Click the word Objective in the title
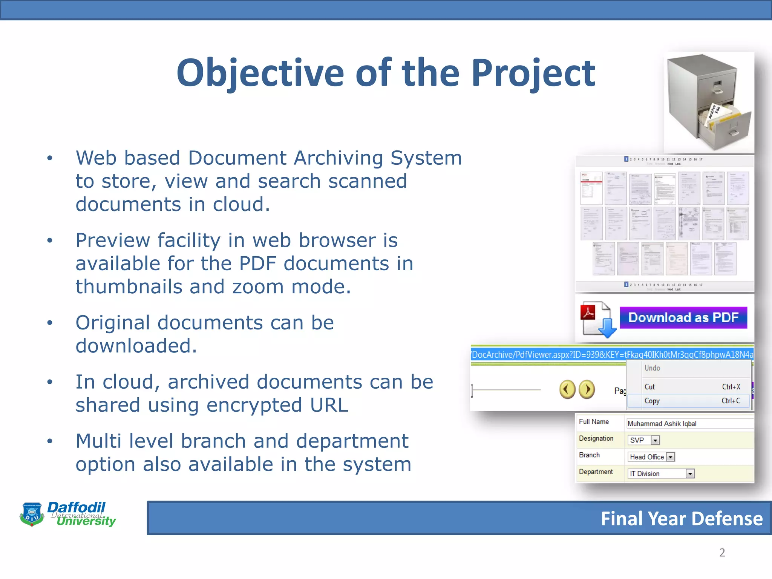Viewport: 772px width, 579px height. [260, 74]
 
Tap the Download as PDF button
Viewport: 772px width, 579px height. [683, 317]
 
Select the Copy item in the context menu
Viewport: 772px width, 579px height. [652, 401]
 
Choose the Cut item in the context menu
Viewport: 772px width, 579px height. [649, 387]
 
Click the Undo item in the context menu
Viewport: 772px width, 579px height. [652, 368]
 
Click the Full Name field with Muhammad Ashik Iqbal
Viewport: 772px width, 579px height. [689, 424]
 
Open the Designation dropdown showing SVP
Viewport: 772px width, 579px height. [655, 440]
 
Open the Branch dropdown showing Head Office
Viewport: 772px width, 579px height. [670, 457]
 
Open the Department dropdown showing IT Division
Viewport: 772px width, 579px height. [690, 474]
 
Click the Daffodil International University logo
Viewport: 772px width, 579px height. [68, 514]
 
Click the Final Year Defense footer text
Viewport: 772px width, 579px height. [681, 519]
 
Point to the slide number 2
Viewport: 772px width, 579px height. [722, 553]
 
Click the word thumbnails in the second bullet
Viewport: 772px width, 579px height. [128, 287]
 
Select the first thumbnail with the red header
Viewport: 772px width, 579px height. [591, 188]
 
